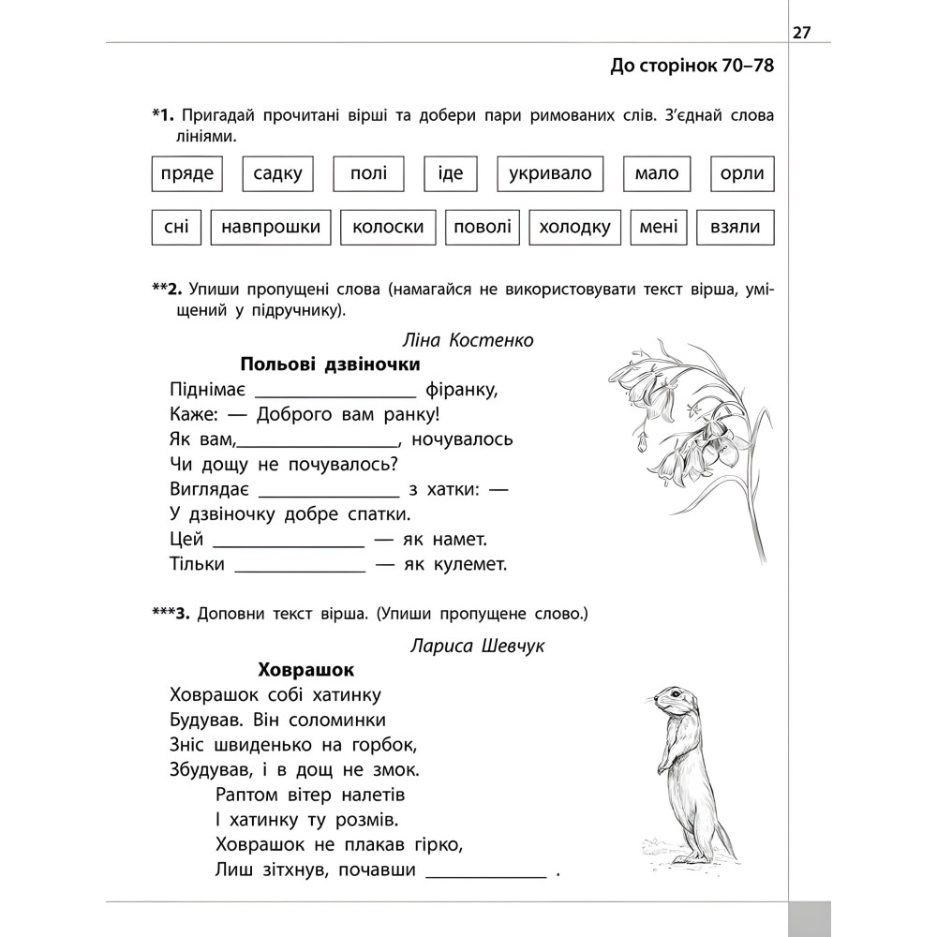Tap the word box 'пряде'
click(187, 173)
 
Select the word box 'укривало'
click(550, 173)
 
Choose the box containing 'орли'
click(742, 173)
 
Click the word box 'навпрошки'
click(272, 227)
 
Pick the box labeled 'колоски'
click(388, 227)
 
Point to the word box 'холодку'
click(575, 227)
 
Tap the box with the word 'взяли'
click(742, 227)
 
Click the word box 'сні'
click(175, 227)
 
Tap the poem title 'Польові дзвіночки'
click(330, 364)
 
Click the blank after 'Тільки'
click(299, 567)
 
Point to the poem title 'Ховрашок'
click(305, 670)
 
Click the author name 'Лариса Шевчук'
click(477, 646)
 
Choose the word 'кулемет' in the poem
click(468, 564)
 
